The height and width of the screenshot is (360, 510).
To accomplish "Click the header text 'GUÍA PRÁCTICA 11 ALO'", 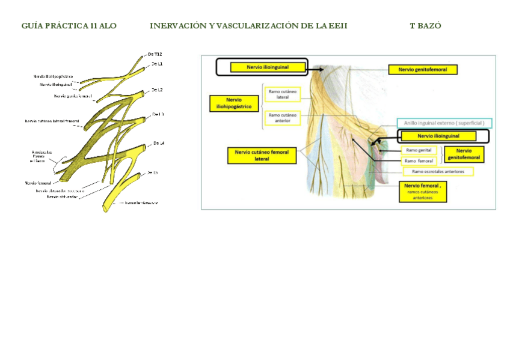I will click(69, 26).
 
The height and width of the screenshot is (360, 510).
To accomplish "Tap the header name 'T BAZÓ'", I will click(425, 26).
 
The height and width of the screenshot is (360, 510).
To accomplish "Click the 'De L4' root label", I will click(159, 143).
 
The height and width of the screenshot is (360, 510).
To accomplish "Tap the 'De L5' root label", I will click(153, 172).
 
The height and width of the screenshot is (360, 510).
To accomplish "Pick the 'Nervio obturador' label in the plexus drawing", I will click(62, 196).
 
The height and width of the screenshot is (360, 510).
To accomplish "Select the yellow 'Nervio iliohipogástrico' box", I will click(230, 103).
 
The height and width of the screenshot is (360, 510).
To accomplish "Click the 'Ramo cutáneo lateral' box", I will click(283, 94).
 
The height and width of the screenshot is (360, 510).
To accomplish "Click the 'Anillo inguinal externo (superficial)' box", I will click(444, 123).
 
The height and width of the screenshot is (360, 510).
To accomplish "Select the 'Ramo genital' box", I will click(419, 150).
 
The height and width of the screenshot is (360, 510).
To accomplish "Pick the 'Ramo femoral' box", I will click(419, 160).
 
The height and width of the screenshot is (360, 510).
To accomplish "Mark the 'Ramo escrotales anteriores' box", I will click(438, 171).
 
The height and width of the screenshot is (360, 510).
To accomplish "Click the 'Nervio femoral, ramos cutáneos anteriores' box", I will click(423, 192).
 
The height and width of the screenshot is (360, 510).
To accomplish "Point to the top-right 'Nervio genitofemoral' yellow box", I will click(423, 70).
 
